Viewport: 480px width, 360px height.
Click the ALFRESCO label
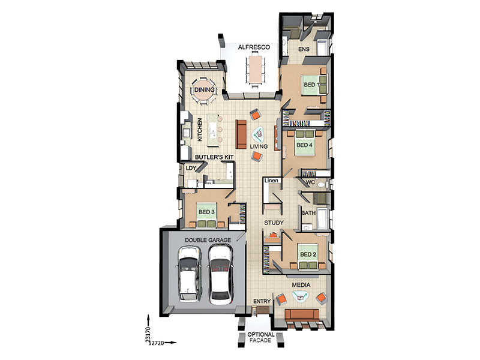coord(254,47)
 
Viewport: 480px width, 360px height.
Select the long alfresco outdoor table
coord(256,68)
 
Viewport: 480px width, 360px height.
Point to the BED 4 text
coord(304,145)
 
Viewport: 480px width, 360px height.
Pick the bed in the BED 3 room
coord(206,215)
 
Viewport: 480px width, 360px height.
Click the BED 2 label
coord(308,254)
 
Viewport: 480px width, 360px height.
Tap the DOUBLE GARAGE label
coord(208,240)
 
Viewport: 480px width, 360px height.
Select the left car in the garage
coord(190,273)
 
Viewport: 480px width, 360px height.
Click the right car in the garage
coord(220,274)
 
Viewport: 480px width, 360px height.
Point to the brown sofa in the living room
coord(241,134)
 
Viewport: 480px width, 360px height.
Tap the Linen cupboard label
coord(271,181)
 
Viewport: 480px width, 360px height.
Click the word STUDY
coord(274,223)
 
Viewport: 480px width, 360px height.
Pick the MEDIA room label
coord(301,285)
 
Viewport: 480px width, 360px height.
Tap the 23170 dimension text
coord(148,334)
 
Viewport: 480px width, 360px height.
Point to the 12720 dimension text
coord(157,343)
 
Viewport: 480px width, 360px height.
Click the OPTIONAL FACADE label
coord(260,337)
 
